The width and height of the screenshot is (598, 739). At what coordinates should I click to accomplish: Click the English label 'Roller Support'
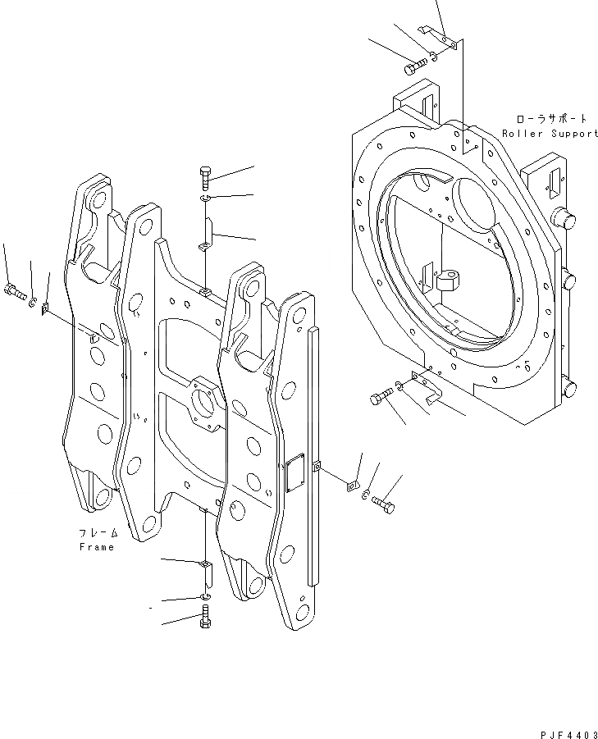(x=550, y=133)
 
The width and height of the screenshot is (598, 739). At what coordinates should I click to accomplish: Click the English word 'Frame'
(x=97, y=546)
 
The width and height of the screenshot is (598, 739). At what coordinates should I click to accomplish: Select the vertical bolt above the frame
(x=205, y=177)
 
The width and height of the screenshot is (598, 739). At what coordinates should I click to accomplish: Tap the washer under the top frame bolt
(x=205, y=199)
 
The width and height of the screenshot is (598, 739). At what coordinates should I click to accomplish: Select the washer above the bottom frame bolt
(x=205, y=595)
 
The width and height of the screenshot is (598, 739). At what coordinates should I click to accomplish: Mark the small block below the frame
(x=205, y=568)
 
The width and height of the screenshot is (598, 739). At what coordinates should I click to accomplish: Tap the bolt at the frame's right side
(x=382, y=501)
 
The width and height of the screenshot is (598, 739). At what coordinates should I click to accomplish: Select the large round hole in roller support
(x=470, y=205)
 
